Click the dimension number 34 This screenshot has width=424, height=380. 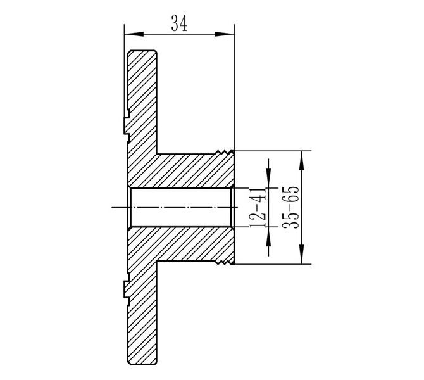[179, 23]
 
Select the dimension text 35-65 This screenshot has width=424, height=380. [291, 207]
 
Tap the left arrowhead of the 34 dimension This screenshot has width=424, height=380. [134, 34]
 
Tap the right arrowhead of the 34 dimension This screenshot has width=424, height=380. [225, 34]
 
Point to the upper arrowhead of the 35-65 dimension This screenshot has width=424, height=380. [302, 160]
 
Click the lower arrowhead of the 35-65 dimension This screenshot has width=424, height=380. [302, 254]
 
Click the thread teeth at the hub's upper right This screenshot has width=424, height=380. [224, 153]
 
